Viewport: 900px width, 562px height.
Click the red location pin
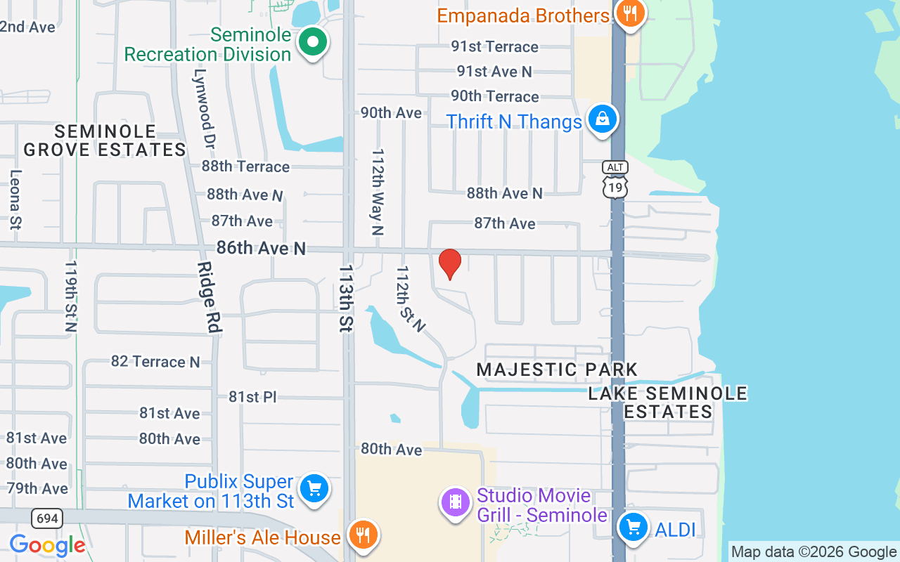[450, 263]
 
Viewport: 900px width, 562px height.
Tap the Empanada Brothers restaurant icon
[629, 14]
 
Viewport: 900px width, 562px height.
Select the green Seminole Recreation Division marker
[313, 43]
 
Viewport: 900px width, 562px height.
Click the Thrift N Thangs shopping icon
[603, 120]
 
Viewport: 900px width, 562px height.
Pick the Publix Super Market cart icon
[314, 489]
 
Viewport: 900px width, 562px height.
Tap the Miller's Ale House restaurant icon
[363, 536]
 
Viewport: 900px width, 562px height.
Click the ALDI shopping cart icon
[633, 528]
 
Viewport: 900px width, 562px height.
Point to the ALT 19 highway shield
[615, 180]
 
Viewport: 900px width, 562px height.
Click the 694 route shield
[47, 519]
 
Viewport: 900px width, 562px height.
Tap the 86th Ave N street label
[261, 248]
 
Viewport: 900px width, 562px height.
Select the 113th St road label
[346, 299]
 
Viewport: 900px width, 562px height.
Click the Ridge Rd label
[210, 297]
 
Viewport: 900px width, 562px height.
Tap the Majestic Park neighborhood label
[557, 370]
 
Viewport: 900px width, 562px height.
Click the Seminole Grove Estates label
[105, 140]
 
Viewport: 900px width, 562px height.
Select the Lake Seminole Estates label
[668, 403]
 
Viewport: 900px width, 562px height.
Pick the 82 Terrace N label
[155, 362]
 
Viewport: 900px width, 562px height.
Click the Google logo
[47, 545]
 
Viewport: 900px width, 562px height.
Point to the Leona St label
[15, 200]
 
